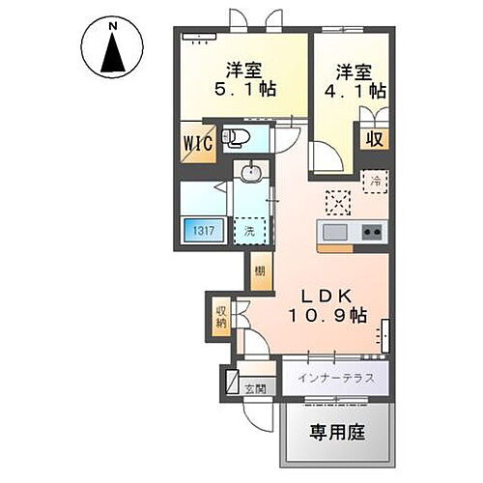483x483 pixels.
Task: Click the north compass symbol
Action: (113, 49)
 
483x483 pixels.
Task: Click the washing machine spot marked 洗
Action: (250, 231)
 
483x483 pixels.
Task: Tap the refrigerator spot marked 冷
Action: (373, 180)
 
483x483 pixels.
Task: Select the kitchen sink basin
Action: (336, 233)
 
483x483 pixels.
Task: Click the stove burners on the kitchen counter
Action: (371, 233)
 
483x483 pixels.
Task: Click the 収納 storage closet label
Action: (221, 317)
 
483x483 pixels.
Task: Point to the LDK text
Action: (320, 295)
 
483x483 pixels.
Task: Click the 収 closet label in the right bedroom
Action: (373, 138)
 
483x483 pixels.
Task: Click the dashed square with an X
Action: (337, 202)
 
